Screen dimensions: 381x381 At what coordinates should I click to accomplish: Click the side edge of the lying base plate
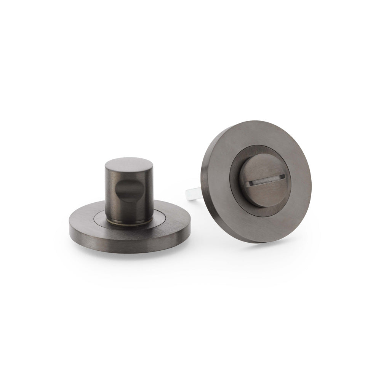click(x=130, y=244)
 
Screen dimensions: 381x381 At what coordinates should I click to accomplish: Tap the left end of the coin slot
click(x=249, y=184)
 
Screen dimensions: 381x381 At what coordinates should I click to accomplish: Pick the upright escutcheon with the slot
click(x=256, y=181)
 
